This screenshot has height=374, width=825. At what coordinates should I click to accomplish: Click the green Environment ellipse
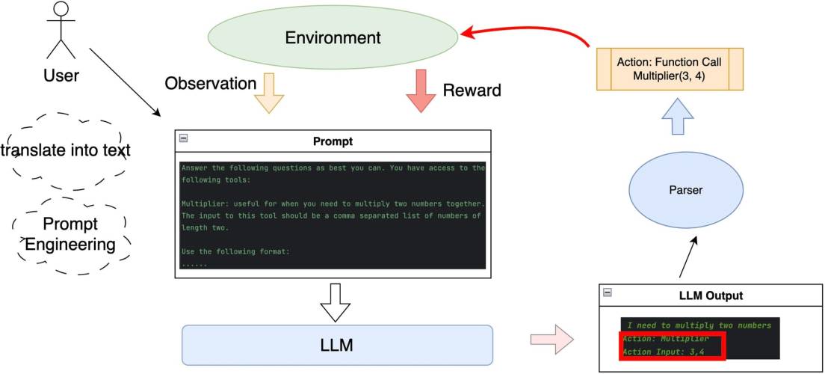tap(333, 37)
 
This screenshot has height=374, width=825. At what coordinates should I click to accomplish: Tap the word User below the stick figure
tap(61, 75)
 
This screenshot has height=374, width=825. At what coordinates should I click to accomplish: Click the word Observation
tap(210, 83)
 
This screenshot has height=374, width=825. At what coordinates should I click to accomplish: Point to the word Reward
tap(472, 91)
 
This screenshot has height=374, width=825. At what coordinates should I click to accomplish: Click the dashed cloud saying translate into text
tap(66, 151)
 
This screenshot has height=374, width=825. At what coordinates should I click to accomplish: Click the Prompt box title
tap(332, 141)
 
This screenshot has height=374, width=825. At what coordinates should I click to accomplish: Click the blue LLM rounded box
tap(338, 345)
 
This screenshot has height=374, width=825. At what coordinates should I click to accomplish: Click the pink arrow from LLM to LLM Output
tap(549, 340)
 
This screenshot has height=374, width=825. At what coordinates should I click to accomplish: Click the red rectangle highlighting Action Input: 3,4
tap(671, 347)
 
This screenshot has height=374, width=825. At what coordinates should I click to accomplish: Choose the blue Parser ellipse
tap(686, 191)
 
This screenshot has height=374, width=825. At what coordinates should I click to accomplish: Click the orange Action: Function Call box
tap(670, 69)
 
